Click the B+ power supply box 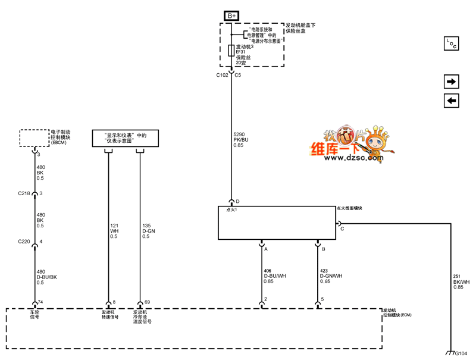tap(231, 15)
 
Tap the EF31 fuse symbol tap(231, 50)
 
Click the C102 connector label tap(222, 76)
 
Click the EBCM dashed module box tap(35, 137)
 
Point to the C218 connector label tap(25, 193)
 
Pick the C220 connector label tap(25, 242)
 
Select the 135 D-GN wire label tap(148, 231)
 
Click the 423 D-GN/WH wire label tap(330, 276)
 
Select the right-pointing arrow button tap(451, 82)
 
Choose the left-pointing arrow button tap(451, 101)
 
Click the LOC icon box tap(452, 44)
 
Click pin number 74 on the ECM tap(41, 302)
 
